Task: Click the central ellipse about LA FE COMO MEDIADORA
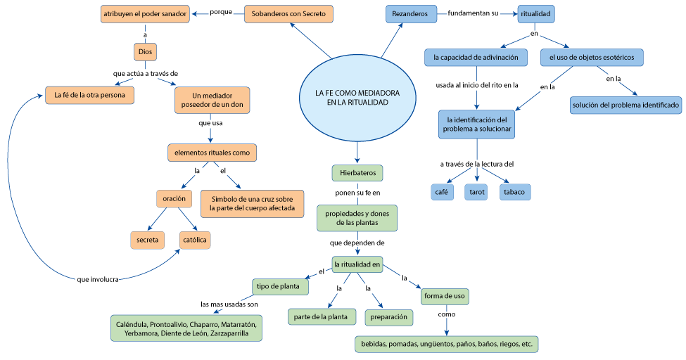357,98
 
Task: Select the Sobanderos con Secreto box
288,14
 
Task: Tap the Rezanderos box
411,14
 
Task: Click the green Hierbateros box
357,173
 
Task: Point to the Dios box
145,52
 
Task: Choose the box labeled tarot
476,192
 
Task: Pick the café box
442,192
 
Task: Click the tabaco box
514,192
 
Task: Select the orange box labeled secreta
148,240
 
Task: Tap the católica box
195,240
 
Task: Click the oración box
174,198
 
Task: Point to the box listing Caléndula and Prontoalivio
186,328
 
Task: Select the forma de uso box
445,296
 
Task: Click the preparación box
389,317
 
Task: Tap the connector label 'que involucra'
98,280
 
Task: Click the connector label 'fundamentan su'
473,13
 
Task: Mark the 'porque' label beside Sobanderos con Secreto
221,12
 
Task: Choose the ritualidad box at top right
535,14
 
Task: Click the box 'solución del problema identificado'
625,105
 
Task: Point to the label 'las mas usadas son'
229,304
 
